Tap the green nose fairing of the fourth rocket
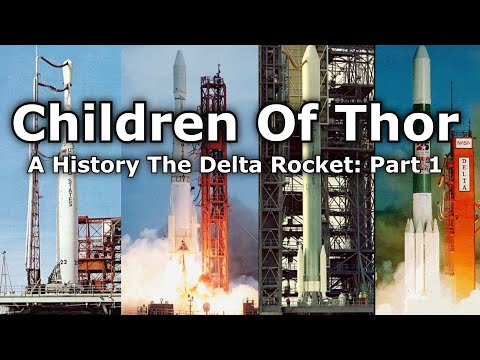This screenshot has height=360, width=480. [x=421, y=70]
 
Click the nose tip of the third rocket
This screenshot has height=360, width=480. [x=310, y=50]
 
